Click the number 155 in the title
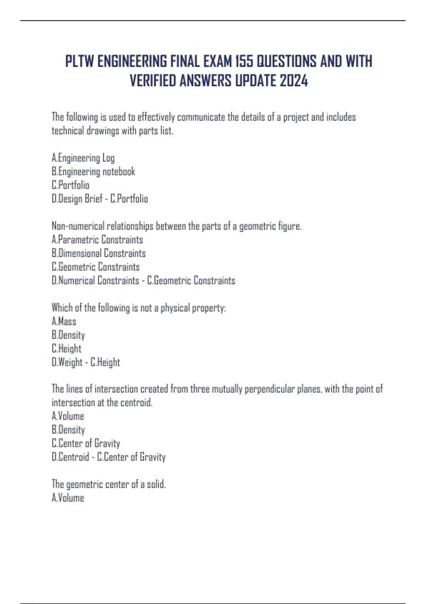(x=244, y=61)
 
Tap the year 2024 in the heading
(x=294, y=81)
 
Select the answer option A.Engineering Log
(x=83, y=158)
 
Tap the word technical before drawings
(x=68, y=131)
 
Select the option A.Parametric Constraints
(x=97, y=240)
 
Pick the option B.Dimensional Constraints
(x=99, y=253)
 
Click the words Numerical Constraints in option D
(x=99, y=281)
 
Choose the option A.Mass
(x=64, y=322)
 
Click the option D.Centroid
(x=70, y=457)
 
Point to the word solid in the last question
(x=156, y=484)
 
